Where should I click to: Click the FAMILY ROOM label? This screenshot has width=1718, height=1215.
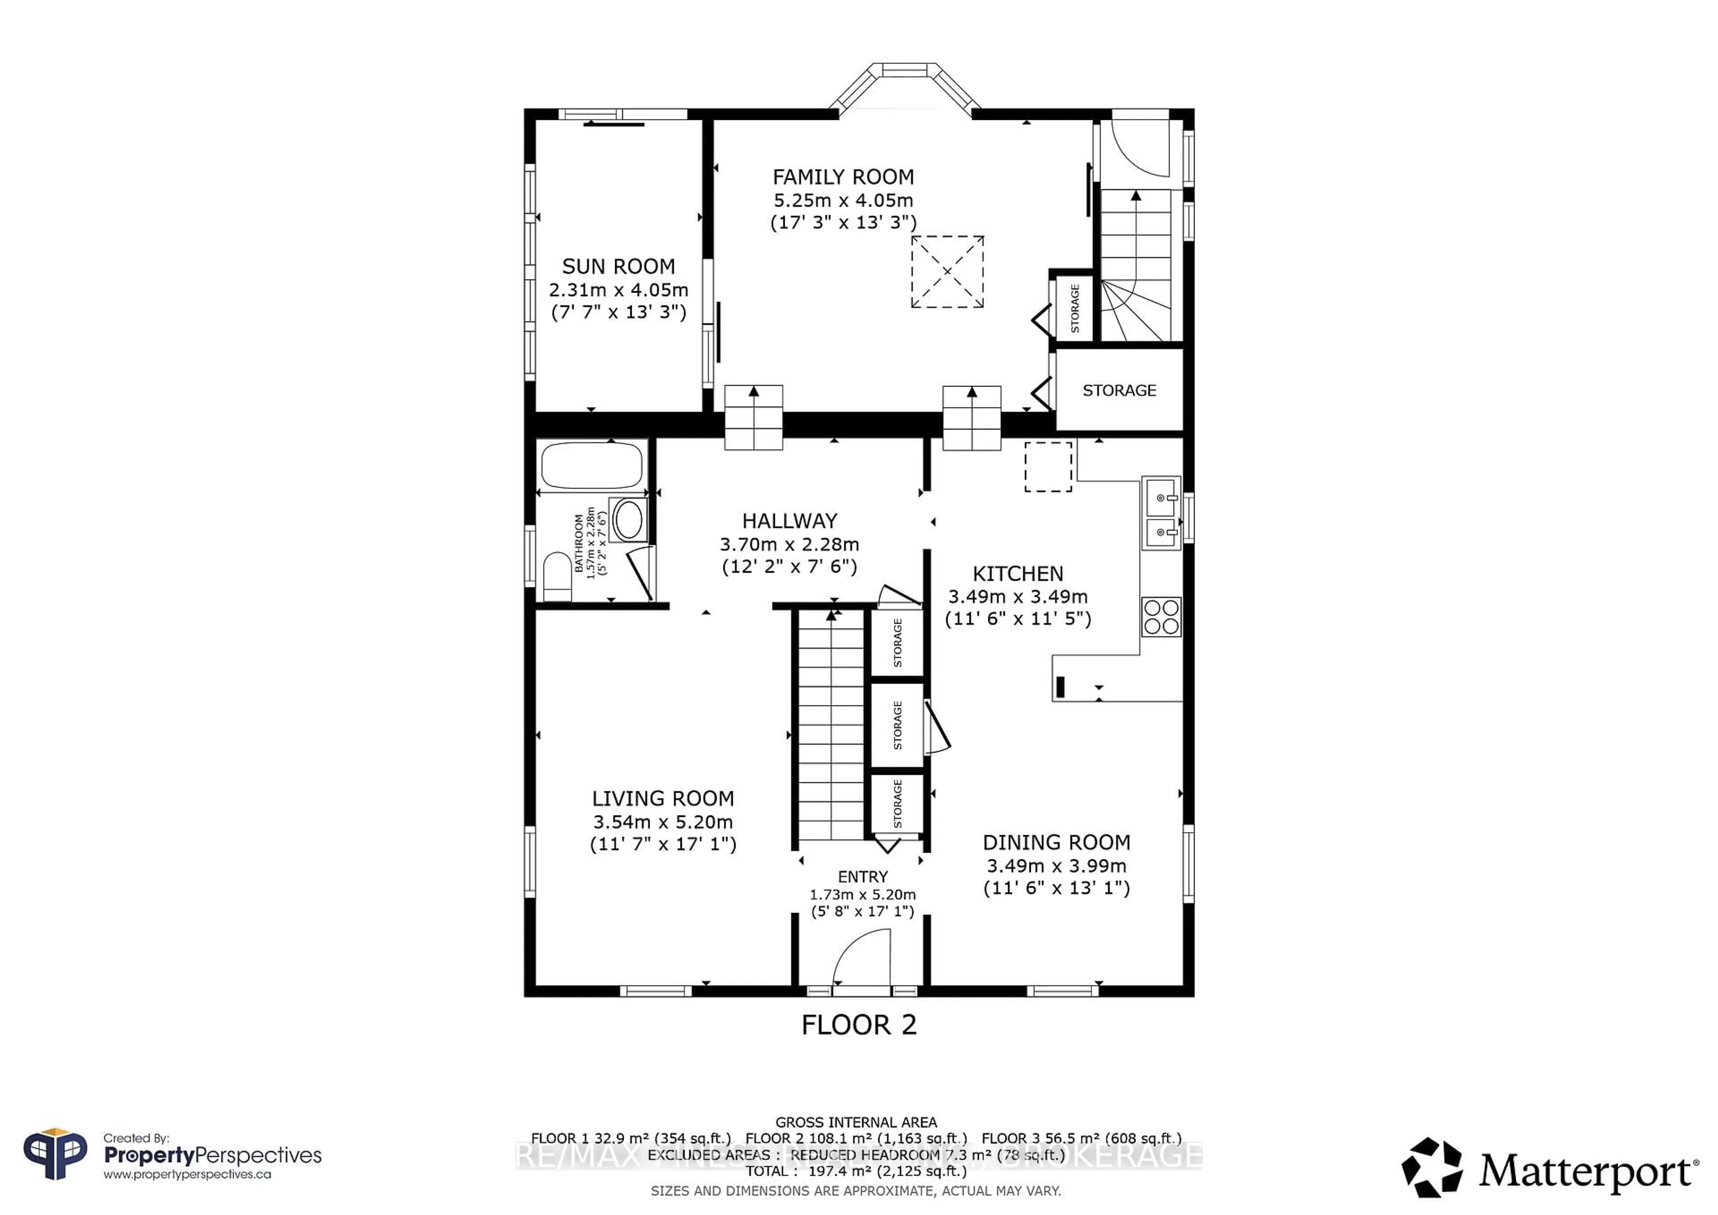pos(843,177)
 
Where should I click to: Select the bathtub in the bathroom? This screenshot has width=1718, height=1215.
pos(591,465)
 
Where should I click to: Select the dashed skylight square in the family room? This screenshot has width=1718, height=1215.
pos(947,272)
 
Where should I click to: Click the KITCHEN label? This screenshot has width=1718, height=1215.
pos(1018,574)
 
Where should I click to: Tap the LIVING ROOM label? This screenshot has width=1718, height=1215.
pos(663,799)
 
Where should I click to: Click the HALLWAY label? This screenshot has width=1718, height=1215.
pos(789,522)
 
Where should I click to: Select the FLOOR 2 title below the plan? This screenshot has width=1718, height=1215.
pos(859,1025)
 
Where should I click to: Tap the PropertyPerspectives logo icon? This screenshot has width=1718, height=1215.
pos(55,1155)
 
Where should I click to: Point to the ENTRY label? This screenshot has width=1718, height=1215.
pos(863,877)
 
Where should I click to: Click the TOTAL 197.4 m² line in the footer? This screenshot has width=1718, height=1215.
pos(856,1171)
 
